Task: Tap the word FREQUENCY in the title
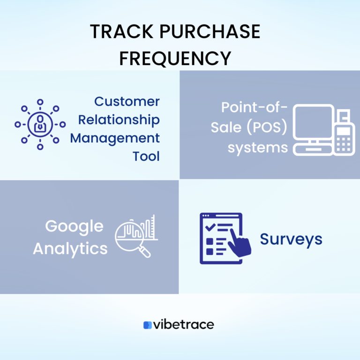click(x=175, y=58)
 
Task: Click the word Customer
click(x=127, y=101)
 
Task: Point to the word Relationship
click(x=119, y=120)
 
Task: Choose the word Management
click(x=115, y=138)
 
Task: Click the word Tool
click(x=146, y=156)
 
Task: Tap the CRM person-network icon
click(x=40, y=124)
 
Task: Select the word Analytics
click(x=70, y=248)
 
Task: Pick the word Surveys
click(x=291, y=239)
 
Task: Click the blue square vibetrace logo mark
click(x=148, y=325)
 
